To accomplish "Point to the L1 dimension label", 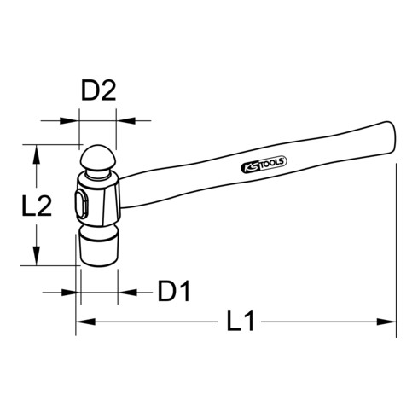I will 241,323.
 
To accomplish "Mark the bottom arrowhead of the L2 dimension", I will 37,259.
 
